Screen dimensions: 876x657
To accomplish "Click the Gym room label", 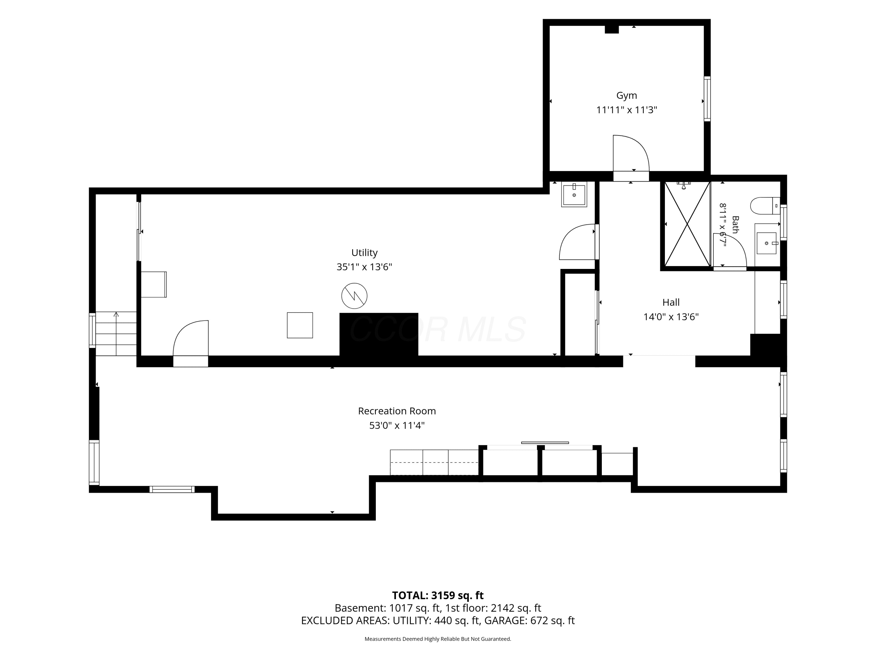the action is (627, 96).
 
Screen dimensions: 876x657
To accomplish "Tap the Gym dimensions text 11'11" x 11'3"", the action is (627, 110).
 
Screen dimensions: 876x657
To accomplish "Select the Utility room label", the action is (364, 253).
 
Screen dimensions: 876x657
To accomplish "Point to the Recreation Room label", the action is (397, 411).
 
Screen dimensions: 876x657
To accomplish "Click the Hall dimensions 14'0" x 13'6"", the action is (671, 317).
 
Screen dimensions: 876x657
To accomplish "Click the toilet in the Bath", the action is (765, 206).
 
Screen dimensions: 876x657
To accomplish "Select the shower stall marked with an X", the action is (687, 223).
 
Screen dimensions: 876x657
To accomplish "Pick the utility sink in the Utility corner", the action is (574, 194).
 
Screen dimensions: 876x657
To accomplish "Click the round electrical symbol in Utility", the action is (354, 296).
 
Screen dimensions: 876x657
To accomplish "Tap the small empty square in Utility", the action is (300, 325).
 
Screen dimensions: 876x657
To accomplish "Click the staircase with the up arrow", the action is (116, 333).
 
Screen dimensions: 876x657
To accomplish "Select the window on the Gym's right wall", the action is (707, 99).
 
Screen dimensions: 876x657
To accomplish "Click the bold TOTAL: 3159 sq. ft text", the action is (438, 596).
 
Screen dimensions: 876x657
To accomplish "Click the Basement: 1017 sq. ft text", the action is (387, 608).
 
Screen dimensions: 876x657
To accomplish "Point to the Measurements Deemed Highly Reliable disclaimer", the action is (438, 639).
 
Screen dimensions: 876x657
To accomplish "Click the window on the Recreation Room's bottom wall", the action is (172, 489).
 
